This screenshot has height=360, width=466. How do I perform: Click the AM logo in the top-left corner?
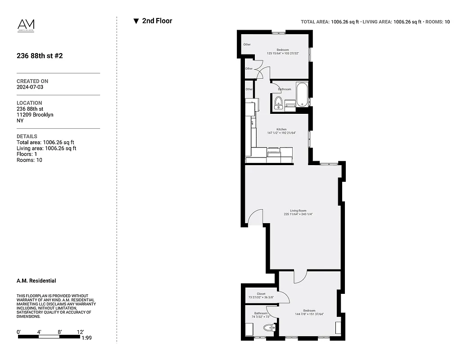26,25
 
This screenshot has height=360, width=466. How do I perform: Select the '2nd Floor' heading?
157,21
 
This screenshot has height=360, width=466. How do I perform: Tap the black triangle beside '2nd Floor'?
136,21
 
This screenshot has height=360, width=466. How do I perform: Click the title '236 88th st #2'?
40,56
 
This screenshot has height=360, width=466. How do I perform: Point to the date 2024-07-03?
30,87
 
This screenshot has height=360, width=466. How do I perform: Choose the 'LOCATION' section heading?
29,103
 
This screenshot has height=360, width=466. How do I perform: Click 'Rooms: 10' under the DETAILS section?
29,160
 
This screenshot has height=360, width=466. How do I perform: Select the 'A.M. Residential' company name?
36,281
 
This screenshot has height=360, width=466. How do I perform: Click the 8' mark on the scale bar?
60,332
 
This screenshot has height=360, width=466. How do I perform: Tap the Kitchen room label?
281,129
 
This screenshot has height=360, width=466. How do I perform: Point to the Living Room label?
298,211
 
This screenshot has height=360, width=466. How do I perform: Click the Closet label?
261,294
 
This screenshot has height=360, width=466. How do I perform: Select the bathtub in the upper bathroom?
302,94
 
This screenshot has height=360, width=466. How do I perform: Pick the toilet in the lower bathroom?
268,328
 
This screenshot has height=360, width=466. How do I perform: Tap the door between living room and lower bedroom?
300,277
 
